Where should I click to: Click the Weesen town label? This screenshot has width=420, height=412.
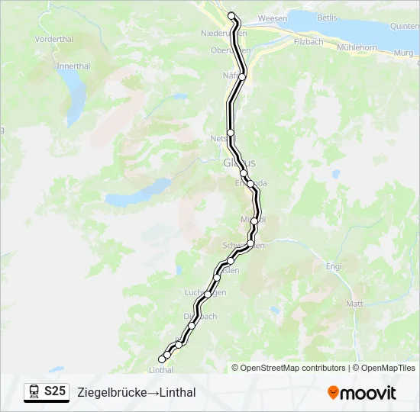[272, 18]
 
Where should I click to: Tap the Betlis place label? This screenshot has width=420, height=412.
[327, 18]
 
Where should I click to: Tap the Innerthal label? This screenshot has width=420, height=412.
[73, 66]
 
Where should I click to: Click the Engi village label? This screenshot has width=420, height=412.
[334, 266]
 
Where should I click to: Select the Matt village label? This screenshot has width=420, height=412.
[354, 303]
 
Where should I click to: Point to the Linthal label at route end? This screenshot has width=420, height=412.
[161, 369]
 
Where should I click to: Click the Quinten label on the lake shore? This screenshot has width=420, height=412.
[404, 26]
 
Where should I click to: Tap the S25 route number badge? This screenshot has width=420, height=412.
[55, 391]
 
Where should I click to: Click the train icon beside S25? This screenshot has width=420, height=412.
[34, 392]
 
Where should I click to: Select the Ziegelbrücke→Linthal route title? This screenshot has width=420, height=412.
[137, 392]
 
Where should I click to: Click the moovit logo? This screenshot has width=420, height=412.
[362, 393]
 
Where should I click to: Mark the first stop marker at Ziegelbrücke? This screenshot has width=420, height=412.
[231, 15]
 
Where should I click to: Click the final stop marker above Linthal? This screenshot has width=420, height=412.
[162, 359]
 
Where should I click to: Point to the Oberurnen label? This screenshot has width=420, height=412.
[230, 50]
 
